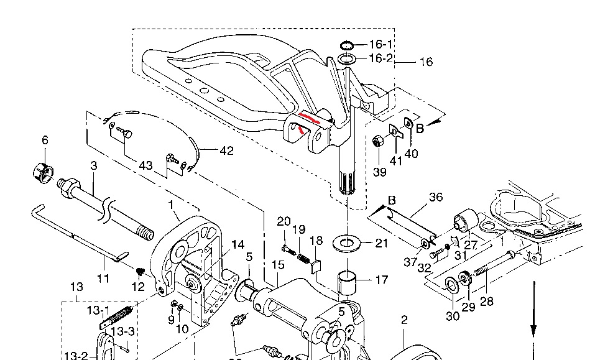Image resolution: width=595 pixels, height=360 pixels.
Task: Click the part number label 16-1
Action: click(381, 45)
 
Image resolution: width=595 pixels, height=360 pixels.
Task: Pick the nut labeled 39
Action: click(377, 142)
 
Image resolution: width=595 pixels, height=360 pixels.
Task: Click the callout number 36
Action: click(436, 197)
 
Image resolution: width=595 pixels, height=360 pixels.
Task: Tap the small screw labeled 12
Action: click(140, 271)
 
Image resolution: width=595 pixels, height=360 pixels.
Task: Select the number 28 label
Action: click(486, 302)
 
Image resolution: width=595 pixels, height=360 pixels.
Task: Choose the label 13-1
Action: click(98, 310)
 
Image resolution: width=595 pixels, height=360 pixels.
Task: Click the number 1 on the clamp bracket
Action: click(171, 204)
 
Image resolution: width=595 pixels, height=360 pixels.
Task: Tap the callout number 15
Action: click(277, 265)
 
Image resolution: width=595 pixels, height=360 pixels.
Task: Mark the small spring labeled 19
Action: click(302, 256)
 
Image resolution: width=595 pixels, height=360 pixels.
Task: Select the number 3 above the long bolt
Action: click(93, 165)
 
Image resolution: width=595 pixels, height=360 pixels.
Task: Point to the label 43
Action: click(145, 166)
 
